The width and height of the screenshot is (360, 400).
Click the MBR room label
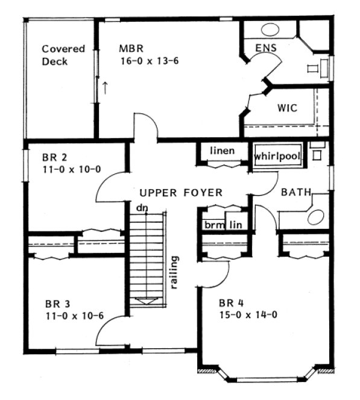tap(131, 48)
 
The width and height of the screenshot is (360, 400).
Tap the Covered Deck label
tap(63, 55)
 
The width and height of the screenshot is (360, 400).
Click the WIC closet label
tap(286, 108)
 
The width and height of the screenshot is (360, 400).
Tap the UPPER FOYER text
tap(181, 193)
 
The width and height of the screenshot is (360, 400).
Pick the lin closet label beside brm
tap(237, 224)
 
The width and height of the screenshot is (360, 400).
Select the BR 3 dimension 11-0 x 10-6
tap(73, 315)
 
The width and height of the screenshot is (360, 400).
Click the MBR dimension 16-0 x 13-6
tap(150, 61)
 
